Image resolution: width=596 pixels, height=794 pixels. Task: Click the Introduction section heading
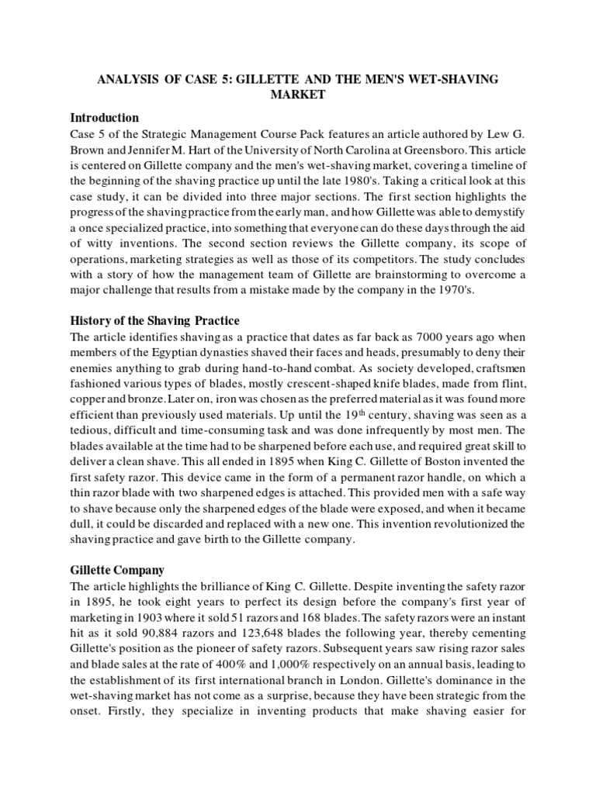105,119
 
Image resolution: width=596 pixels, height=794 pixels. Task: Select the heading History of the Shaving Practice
154,321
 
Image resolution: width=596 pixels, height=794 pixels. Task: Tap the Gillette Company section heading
117,570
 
